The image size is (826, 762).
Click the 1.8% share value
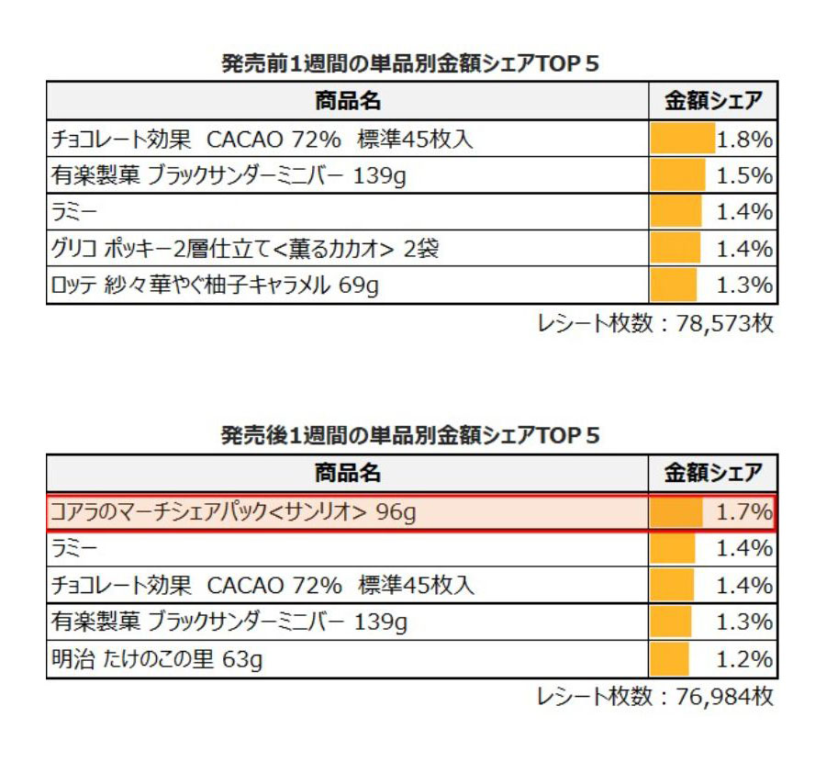[744, 140]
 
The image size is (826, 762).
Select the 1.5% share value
[744, 176]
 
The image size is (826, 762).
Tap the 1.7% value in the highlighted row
[744, 512]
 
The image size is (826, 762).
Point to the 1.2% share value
[744, 659]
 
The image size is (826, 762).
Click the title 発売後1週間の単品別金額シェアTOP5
[411, 435]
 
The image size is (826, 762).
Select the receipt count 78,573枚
[655, 324]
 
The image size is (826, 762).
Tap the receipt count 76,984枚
[655, 697]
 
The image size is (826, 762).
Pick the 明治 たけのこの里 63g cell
[157, 659]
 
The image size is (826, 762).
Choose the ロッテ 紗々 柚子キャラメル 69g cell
[215, 286]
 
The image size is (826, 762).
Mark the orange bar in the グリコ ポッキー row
[675, 249]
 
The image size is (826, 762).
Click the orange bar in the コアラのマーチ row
[675, 512]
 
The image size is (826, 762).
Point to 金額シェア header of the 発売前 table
[713, 100]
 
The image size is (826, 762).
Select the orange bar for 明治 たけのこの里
[669, 659]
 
